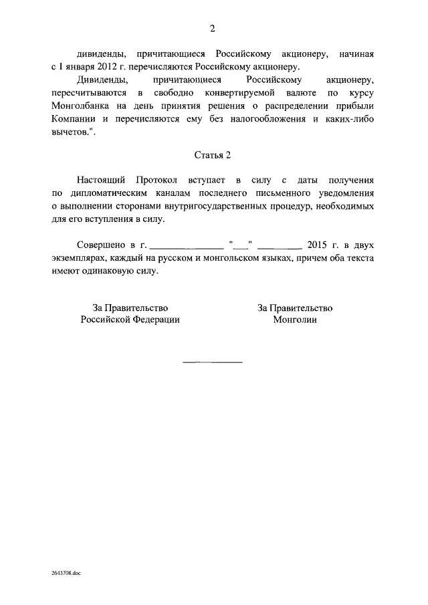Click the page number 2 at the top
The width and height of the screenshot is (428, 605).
click(x=213, y=28)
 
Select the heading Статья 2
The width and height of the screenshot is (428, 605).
click(x=213, y=155)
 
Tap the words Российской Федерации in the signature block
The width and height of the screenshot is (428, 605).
click(x=130, y=320)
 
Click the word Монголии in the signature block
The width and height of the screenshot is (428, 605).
click(x=295, y=320)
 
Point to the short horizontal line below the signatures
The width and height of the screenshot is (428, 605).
click(x=213, y=362)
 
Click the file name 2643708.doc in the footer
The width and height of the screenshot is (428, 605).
click(x=65, y=573)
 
